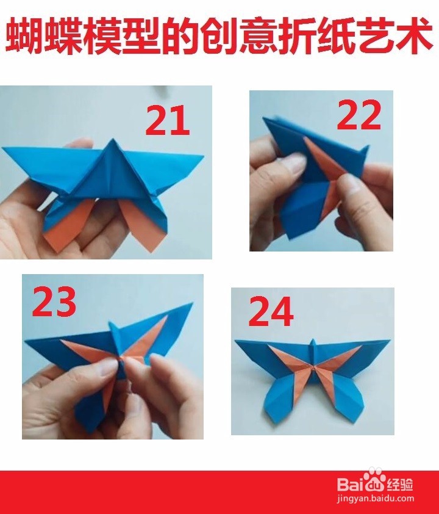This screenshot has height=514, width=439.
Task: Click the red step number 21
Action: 167,120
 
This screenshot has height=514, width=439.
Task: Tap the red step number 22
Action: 359,114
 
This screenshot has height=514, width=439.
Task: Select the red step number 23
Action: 54,301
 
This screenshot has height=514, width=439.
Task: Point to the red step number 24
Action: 271,311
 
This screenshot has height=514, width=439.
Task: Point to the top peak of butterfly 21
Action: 112,139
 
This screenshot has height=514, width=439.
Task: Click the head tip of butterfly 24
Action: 313,339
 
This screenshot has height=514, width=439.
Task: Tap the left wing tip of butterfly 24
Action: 236,341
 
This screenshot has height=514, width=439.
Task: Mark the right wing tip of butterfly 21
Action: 203,156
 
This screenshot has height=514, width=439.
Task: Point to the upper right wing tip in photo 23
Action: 192,303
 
